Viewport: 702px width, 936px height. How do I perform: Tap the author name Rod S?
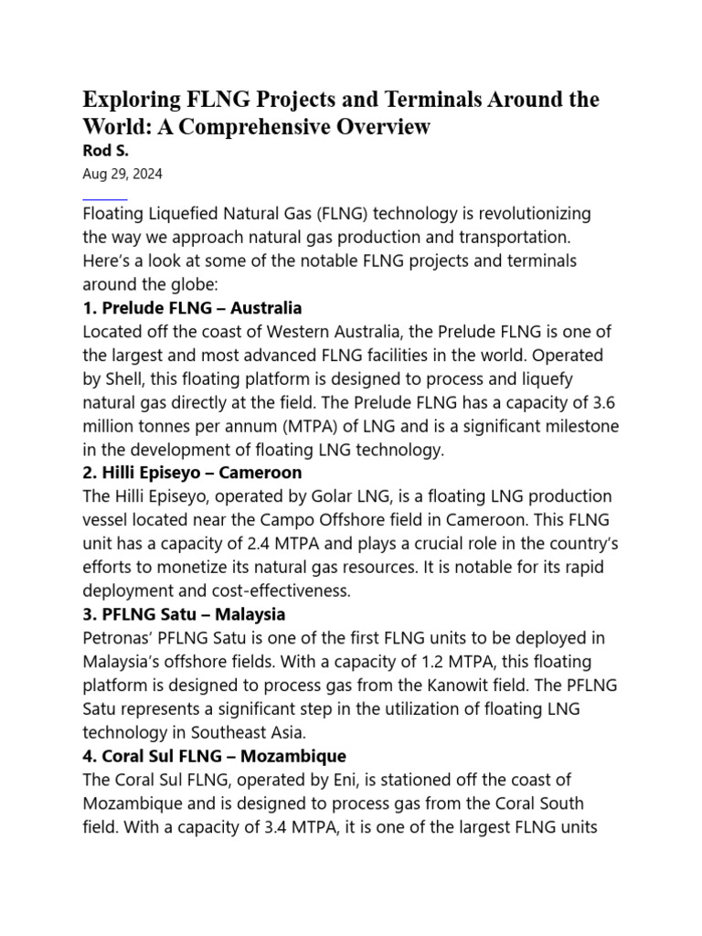tap(106, 151)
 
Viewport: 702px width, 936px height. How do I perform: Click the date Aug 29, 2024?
tap(122, 174)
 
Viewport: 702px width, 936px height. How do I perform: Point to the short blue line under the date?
tap(104, 198)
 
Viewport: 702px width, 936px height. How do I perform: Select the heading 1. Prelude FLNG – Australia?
tap(192, 308)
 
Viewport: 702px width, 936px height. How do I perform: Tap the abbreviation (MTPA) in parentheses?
tap(308, 426)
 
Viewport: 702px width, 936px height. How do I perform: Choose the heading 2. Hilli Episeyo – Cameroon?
tap(192, 473)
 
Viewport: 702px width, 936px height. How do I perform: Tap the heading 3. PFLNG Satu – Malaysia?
tap(184, 614)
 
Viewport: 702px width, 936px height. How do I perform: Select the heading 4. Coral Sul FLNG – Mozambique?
tap(214, 757)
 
